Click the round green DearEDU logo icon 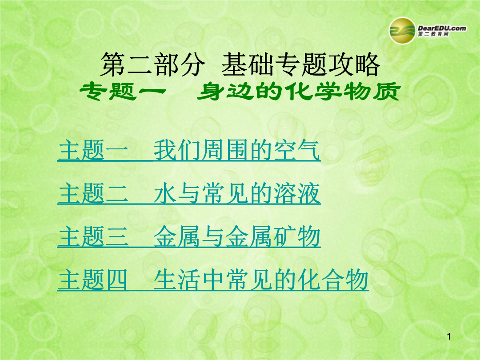click(x=402, y=31)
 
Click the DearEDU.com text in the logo click(x=442, y=28)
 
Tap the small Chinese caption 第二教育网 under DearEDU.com click(x=433, y=34)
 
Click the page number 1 click(x=449, y=337)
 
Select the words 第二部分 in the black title click(x=152, y=64)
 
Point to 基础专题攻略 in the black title click(x=300, y=64)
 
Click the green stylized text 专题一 click(x=123, y=91)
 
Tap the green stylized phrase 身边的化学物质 click(x=299, y=91)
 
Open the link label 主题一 click(x=93, y=150)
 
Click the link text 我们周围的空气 click(x=236, y=150)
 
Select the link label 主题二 click(x=93, y=193)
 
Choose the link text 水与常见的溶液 click(x=236, y=193)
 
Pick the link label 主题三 click(x=93, y=236)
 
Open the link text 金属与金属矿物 click(x=236, y=236)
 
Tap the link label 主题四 click(x=93, y=280)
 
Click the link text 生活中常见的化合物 click(x=261, y=280)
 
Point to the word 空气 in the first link click(x=296, y=150)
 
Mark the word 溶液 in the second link click(x=296, y=193)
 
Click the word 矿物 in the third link click(x=296, y=236)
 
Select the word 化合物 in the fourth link click(x=333, y=280)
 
